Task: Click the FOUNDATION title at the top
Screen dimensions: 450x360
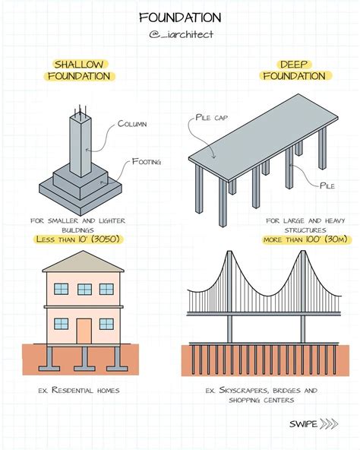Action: (x=180, y=17)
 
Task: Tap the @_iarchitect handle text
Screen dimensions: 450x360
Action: (x=180, y=34)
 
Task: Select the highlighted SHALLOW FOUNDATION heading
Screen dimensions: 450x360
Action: (x=80, y=70)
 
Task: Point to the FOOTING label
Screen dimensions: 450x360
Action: (x=146, y=160)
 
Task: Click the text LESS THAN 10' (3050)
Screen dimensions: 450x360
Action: (x=79, y=239)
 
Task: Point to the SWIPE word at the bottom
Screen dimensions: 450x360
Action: (x=303, y=423)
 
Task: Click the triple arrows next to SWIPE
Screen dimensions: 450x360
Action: (x=329, y=423)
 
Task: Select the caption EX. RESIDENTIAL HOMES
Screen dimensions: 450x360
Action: (x=78, y=390)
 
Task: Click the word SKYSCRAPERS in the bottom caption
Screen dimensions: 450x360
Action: (x=245, y=390)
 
